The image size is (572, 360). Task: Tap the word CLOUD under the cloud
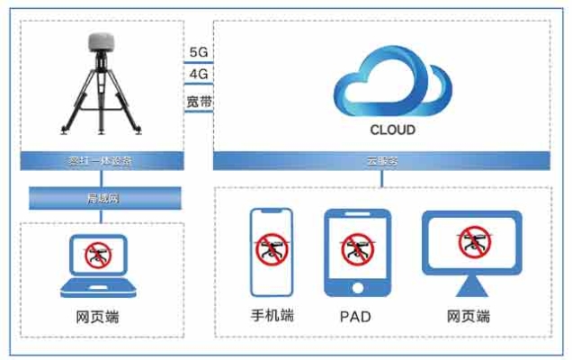point(393,130)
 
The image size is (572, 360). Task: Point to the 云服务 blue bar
point(382,162)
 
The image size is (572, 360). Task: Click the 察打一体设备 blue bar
point(101,162)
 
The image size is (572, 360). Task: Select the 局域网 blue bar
point(101,197)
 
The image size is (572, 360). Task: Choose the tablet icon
point(357,254)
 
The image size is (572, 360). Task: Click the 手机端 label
point(272,317)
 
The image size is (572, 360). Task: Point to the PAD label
point(356,318)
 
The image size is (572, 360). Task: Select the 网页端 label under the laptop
point(97,318)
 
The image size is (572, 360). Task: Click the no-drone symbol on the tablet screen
point(357,249)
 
